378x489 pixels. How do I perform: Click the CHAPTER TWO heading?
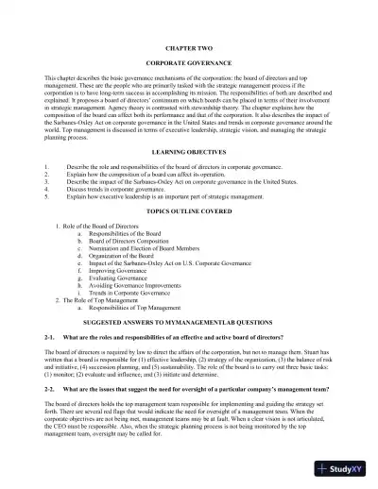(188, 45)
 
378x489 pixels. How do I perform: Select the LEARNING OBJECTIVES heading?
(188, 151)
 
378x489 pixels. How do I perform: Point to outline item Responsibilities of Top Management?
(142, 310)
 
